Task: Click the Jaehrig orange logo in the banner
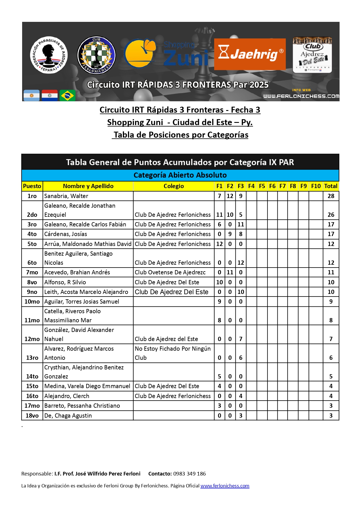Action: click(x=250, y=54)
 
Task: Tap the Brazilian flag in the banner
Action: click(x=68, y=95)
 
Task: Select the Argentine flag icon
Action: click(x=31, y=95)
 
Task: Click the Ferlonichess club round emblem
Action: click(x=96, y=55)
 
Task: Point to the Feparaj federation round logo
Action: click(x=49, y=55)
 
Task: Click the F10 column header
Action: click(x=316, y=186)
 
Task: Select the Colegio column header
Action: click(x=174, y=186)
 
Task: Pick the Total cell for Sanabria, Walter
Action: click(x=331, y=196)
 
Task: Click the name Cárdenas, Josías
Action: click(x=66, y=234)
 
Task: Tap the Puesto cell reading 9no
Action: click(x=32, y=292)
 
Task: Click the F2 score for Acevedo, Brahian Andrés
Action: click(x=230, y=272)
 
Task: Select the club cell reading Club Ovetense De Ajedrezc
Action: click(x=170, y=272)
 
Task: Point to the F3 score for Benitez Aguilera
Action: click(x=241, y=263)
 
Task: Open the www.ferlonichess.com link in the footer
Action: click(x=225, y=486)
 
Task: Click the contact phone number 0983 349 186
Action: click(x=190, y=474)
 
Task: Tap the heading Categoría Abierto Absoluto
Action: click(x=180, y=175)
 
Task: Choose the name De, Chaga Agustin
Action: click(x=68, y=416)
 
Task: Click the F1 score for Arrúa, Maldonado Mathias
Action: click(x=219, y=244)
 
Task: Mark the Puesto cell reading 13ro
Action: click(x=32, y=358)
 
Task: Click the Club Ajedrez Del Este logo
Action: click(x=312, y=55)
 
